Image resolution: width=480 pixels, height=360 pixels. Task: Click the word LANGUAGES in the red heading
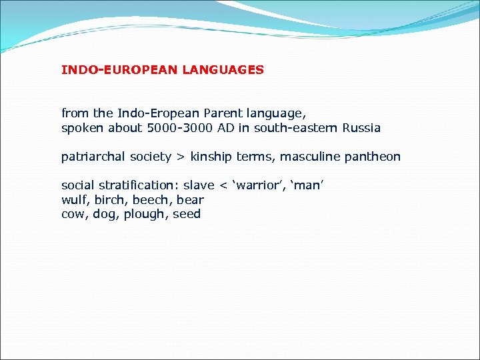pos(223,69)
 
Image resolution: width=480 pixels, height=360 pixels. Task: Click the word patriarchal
pos(93,157)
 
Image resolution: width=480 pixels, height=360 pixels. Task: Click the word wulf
pos(74,200)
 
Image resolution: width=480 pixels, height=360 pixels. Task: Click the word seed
pos(187,214)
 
